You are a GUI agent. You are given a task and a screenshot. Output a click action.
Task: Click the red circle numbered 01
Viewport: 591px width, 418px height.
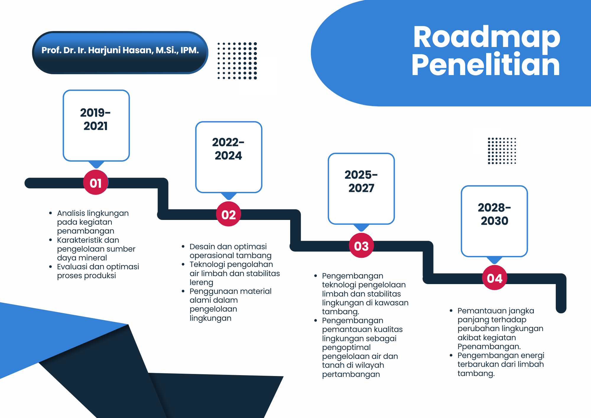(x=96, y=182)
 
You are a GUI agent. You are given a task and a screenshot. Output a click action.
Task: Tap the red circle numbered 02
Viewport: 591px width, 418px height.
(x=228, y=214)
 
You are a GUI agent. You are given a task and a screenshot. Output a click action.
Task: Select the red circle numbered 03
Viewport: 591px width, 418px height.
(x=361, y=245)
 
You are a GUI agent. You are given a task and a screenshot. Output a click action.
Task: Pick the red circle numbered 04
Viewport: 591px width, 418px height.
(x=494, y=278)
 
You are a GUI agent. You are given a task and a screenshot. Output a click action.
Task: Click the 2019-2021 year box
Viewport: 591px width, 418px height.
(x=96, y=126)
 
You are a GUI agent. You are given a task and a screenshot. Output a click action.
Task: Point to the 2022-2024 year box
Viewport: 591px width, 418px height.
(x=229, y=157)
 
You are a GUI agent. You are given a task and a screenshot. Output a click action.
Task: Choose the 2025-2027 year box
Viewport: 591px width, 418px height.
(x=361, y=189)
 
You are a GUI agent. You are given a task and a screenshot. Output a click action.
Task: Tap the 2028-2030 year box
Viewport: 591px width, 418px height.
(x=494, y=221)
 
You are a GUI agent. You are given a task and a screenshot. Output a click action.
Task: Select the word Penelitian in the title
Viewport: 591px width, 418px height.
(x=486, y=64)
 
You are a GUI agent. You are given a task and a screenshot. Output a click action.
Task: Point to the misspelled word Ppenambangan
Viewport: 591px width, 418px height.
(x=489, y=346)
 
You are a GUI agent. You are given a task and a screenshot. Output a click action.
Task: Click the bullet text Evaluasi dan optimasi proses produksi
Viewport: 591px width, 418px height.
(x=98, y=271)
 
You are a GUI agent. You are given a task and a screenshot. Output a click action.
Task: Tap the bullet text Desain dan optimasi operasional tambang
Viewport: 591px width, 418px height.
(x=230, y=251)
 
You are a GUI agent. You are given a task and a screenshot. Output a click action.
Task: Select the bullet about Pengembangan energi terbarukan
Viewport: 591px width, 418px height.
(x=501, y=364)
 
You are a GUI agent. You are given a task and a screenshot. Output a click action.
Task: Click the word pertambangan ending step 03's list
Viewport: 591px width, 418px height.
(x=351, y=374)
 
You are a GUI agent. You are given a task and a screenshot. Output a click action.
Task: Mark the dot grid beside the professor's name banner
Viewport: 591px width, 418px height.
(x=237, y=61)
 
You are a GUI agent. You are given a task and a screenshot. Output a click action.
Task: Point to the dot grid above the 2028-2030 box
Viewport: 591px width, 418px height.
(x=502, y=151)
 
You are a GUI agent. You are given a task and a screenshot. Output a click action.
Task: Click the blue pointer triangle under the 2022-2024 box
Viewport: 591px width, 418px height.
(x=229, y=196)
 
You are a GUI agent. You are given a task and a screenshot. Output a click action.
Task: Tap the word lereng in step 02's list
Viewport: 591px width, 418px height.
(x=201, y=283)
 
